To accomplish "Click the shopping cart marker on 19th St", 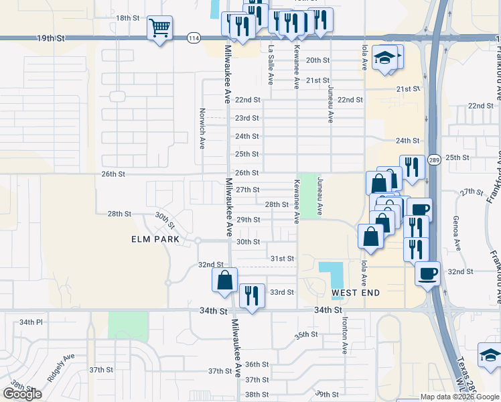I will (159, 29).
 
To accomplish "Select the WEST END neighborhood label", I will (356, 293).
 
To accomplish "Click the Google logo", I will (22, 394).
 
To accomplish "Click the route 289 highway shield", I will (434, 159).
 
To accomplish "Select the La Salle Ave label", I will (271, 65).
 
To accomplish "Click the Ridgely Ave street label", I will (61, 368).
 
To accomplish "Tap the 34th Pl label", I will (31, 322).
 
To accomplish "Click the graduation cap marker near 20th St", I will (385, 58).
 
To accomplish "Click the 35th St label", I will (306, 334).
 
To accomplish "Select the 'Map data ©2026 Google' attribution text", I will (459, 397).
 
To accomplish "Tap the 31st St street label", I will (282, 258).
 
